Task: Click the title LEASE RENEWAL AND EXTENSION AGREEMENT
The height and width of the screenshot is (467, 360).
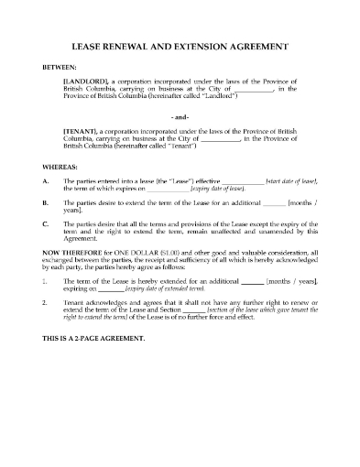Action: pyautogui.click(x=180, y=47)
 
